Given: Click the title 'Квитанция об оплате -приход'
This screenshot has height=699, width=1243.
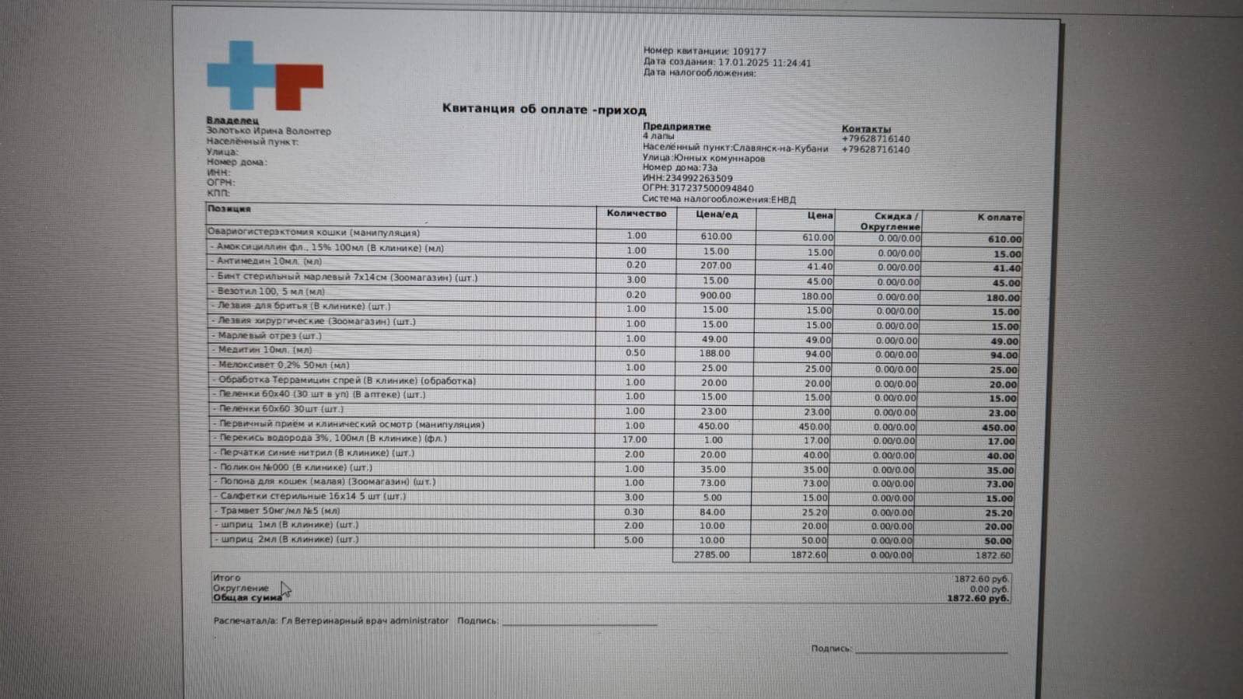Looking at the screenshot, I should point(544,109).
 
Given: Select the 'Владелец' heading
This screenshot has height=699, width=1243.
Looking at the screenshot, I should point(232,121).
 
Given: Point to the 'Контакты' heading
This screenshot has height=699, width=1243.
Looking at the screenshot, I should point(866,129).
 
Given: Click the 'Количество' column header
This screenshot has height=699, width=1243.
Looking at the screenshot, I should point(637,213).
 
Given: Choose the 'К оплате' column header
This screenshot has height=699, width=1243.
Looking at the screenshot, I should point(999,218).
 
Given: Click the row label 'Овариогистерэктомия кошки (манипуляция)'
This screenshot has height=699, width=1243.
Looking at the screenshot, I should point(313,232).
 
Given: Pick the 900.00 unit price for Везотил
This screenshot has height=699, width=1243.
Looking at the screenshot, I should point(715,295).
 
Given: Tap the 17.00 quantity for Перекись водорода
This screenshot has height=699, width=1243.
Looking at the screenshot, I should point(634,439).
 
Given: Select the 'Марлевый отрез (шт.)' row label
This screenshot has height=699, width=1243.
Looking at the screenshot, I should point(269,336).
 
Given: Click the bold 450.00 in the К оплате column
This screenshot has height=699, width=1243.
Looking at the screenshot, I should point(998,428).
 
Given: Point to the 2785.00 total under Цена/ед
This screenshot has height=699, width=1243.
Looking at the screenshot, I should point(711,555).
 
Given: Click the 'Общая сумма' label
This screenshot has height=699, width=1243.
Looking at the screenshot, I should point(247,598).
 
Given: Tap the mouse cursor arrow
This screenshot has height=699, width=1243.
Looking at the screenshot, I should point(285,589).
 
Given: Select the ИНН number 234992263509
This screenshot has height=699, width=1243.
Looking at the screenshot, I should point(699,178).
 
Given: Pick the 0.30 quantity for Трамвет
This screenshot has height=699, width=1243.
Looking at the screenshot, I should point(634,512).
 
